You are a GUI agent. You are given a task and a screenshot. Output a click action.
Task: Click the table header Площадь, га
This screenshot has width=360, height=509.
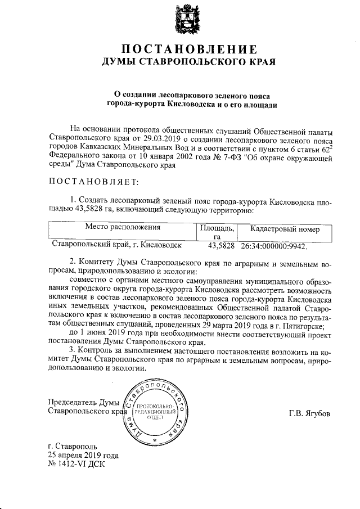(217, 232)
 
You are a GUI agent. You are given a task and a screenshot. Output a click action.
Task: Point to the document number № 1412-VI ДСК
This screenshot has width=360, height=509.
(77, 465)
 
